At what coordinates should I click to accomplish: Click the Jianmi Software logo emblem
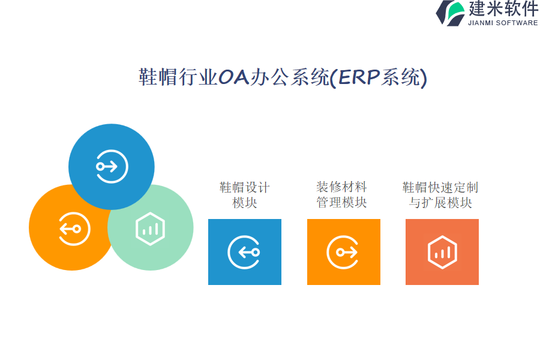pos(451,13)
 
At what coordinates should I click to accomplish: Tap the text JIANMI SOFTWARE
pos(503,23)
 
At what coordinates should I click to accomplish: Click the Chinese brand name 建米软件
pos(503,8)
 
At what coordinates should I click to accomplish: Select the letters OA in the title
pos(234,77)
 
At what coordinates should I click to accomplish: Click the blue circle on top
pos(111,167)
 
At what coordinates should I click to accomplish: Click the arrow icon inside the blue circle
pos(112,167)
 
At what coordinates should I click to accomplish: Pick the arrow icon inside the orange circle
pos(74,229)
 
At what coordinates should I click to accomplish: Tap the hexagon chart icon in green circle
pos(150,229)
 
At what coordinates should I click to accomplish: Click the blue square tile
pos(245,252)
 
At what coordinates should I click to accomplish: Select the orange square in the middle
pos(344,252)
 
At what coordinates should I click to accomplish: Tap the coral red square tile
pos(442,252)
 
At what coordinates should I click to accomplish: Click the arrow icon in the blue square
pos(244,252)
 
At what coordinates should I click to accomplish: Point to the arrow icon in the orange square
pos(343,252)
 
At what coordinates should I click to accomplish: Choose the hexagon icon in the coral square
pos(443,252)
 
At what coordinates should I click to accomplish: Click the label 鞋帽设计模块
pos(245,195)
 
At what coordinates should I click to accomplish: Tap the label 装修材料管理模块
pos(341,194)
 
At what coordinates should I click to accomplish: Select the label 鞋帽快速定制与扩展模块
pos(440,195)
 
